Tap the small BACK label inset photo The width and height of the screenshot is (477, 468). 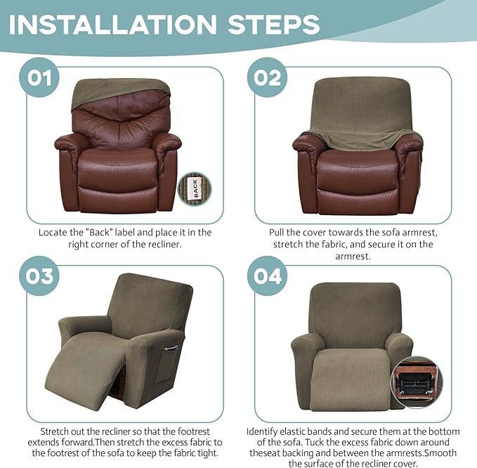click(x=194, y=188)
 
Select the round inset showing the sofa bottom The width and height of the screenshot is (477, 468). click(x=421, y=384)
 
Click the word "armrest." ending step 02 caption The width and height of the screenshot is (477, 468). click(x=358, y=257)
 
